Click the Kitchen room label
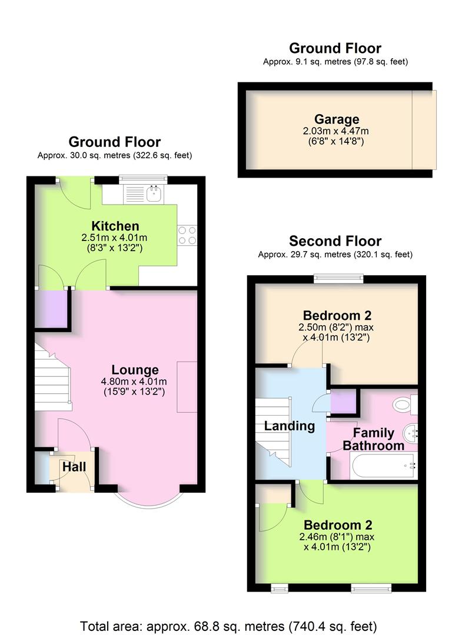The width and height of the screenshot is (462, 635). pyautogui.click(x=115, y=226)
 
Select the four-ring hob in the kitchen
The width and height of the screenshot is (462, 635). pyautogui.click(x=187, y=235)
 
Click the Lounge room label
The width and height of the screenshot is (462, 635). pyautogui.click(x=135, y=370)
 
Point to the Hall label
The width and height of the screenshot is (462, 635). pyautogui.click(x=75, y=467)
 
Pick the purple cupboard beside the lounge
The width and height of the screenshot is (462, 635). pyautogui.click(x=51, y=308)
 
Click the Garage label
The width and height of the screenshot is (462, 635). pyautogui.click(x=336, y=120)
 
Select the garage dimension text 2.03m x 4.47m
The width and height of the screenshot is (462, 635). pyautogui.click(x=336, y=131)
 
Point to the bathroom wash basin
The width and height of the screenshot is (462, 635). pyautogui.click(x=410, y=434)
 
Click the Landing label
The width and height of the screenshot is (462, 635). pyautogui.click(x=290, y=426)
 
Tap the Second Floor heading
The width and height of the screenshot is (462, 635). pyautogui.click(x=335, y=241)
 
